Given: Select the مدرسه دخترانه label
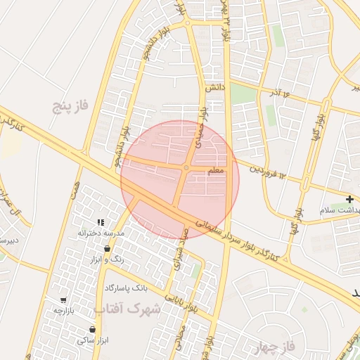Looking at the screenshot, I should point(101,233).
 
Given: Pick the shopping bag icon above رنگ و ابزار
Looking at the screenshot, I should point(107,249).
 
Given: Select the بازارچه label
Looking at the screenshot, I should point(65,310).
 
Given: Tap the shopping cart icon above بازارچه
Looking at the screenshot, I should point(64,300).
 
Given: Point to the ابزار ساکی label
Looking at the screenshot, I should point(91,340).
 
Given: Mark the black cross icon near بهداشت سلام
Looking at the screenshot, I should point(350,200).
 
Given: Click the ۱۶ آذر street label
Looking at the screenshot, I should point(276,93).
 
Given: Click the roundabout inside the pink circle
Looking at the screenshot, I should point(186,167).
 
